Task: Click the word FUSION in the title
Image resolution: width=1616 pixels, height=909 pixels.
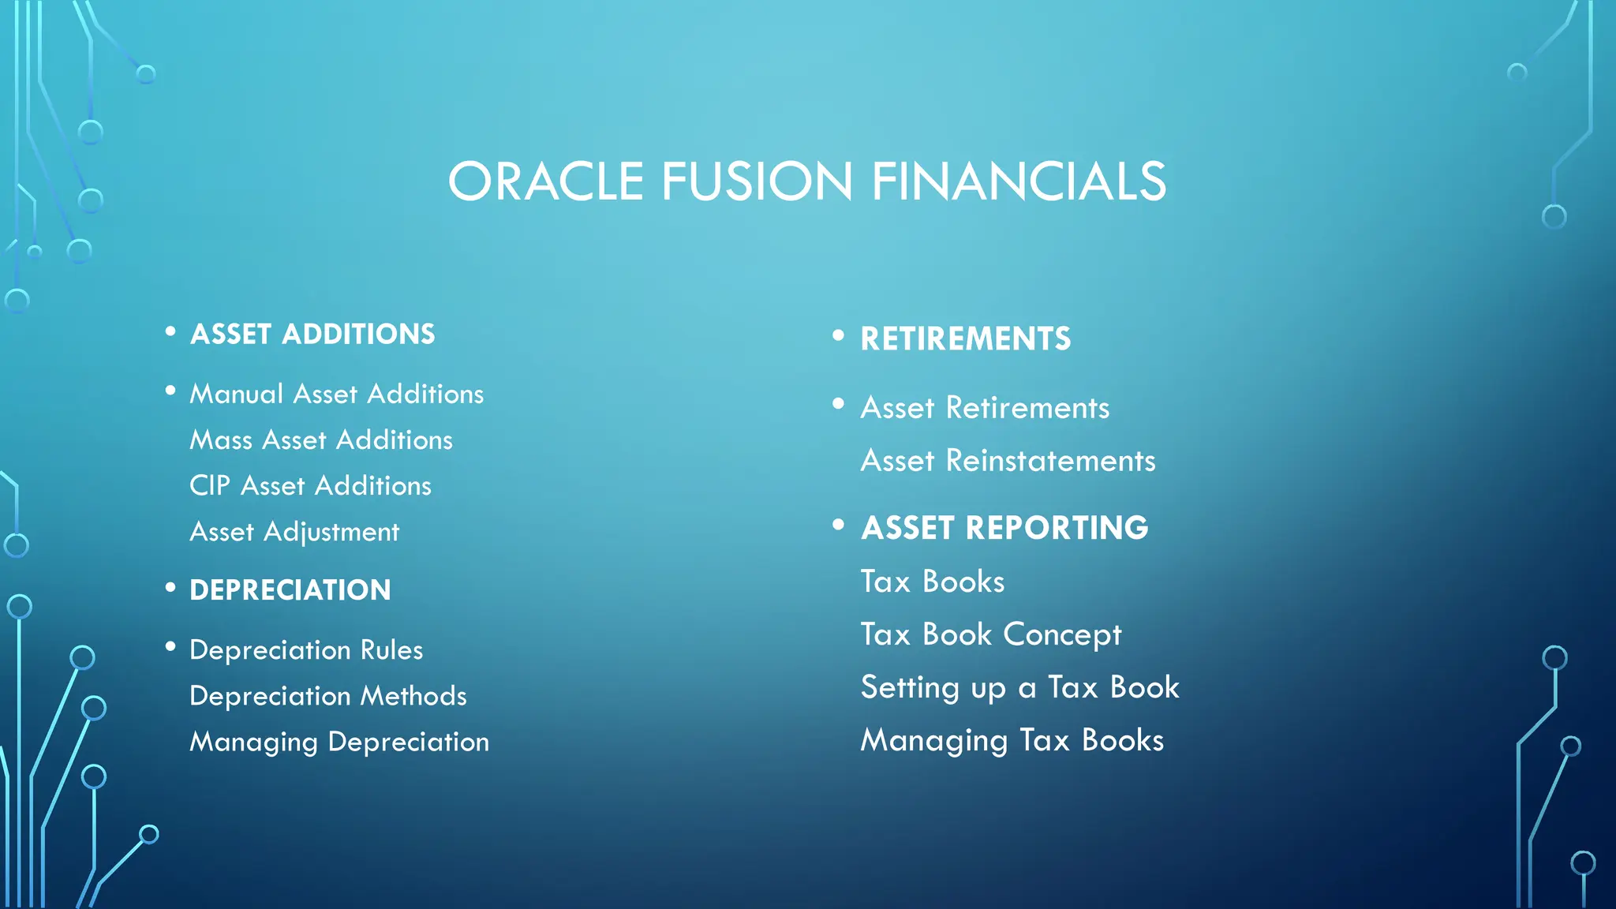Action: click(757, 181)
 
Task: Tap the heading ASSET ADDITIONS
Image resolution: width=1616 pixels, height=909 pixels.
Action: click(312, 335)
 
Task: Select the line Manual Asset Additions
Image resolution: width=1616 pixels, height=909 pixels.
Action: click(337, 394)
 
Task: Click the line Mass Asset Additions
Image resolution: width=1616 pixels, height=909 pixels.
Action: click(321, 440)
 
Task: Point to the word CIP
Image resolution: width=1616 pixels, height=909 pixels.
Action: click(209, 485)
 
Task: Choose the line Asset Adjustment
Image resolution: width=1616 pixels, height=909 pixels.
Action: click(294, 532)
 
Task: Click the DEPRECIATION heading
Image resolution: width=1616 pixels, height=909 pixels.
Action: click(290, 590)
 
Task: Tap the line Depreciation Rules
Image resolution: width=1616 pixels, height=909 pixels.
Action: click(306, 650)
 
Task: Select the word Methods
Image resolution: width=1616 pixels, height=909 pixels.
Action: click(413, 696)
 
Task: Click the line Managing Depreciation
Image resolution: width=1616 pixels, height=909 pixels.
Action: click(339, 742)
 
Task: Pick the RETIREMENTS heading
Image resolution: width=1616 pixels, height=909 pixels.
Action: click(966, 339)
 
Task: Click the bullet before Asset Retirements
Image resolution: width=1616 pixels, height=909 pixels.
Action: click(838, 405)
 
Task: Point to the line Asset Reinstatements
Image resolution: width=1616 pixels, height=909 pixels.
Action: click(1008, 461)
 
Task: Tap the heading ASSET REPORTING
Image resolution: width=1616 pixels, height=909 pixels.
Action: click(1004, 528)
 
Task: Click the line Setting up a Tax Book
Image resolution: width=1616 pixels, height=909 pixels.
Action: click(1019, 687)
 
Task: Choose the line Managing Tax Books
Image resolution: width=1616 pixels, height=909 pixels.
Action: click(1012, 740)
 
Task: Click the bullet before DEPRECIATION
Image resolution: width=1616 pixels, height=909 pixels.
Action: click(170, 588)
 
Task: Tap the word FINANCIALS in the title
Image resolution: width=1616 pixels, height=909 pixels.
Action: click(1018, 181)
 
